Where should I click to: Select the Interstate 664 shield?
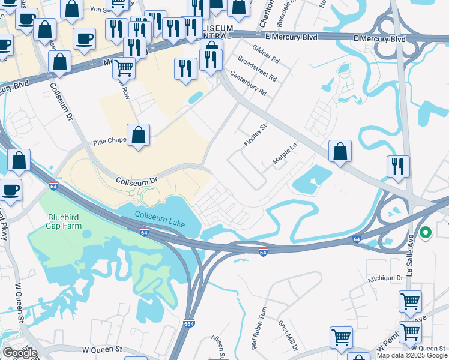tap(189, 323)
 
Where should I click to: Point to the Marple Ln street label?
tap(285, 154)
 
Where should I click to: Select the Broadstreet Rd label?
tap(257, 69)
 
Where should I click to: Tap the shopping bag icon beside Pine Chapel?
tap(139, 136)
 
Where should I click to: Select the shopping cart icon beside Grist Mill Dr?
tap(341, 337)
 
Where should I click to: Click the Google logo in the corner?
tap(20, 353)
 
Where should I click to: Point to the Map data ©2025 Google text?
tap(412, 355)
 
